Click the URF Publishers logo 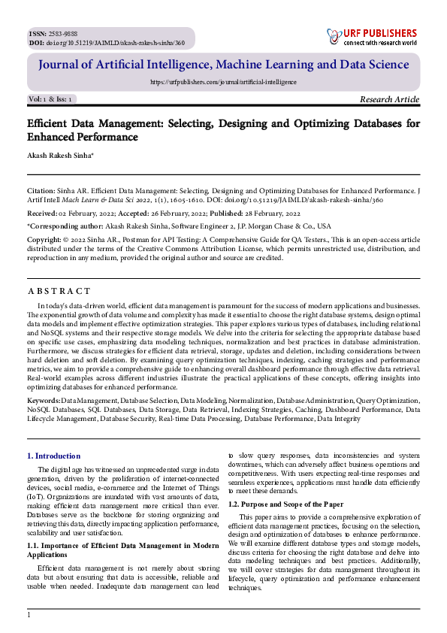pyautogui.click(x=371, y=37)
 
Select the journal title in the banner pyautogui.click(x=223, y=65)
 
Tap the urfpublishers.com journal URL pyautogui.click(x=223, y=82)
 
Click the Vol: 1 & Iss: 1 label pyautogui.click(x=50, y=99)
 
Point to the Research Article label pyautogui.click(x=389, y=99)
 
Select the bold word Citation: pyautogui.click(x=41, y=192)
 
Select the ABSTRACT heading pyautogui.click(x=59, y=291)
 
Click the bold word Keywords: pyautogui.click(x=43, y=402)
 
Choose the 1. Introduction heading pyautogui.click(x=53, y=456)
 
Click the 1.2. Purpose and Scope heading pyautogui.click(x=286, y=504)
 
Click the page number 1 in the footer pyautogui.click(x=29, y=615)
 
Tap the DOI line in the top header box pyautogui.click(x=106, y=43)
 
